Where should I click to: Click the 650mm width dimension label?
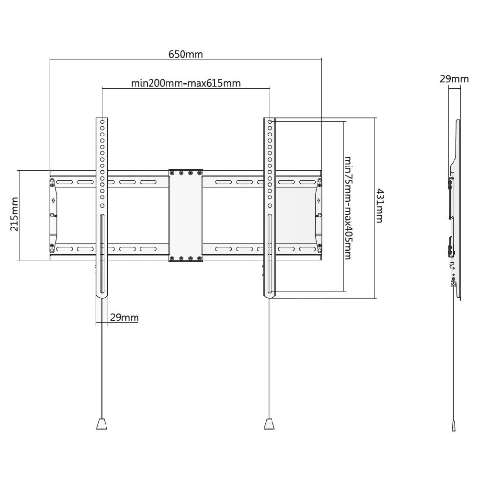(186, 54)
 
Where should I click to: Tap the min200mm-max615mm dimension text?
(186, 83)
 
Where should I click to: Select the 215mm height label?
(14, 214)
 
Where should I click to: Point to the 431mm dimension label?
(379, 206)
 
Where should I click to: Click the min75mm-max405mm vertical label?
(348, 208)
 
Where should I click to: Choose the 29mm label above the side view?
(454, 79)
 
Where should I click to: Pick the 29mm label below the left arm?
(124, 318)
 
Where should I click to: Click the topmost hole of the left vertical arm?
(102, 122)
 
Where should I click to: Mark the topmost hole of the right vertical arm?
(270, 122)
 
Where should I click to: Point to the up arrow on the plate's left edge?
(53, 201)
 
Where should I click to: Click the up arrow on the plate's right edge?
(318, 201)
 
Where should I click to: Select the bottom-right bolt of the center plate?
(199, 258)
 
